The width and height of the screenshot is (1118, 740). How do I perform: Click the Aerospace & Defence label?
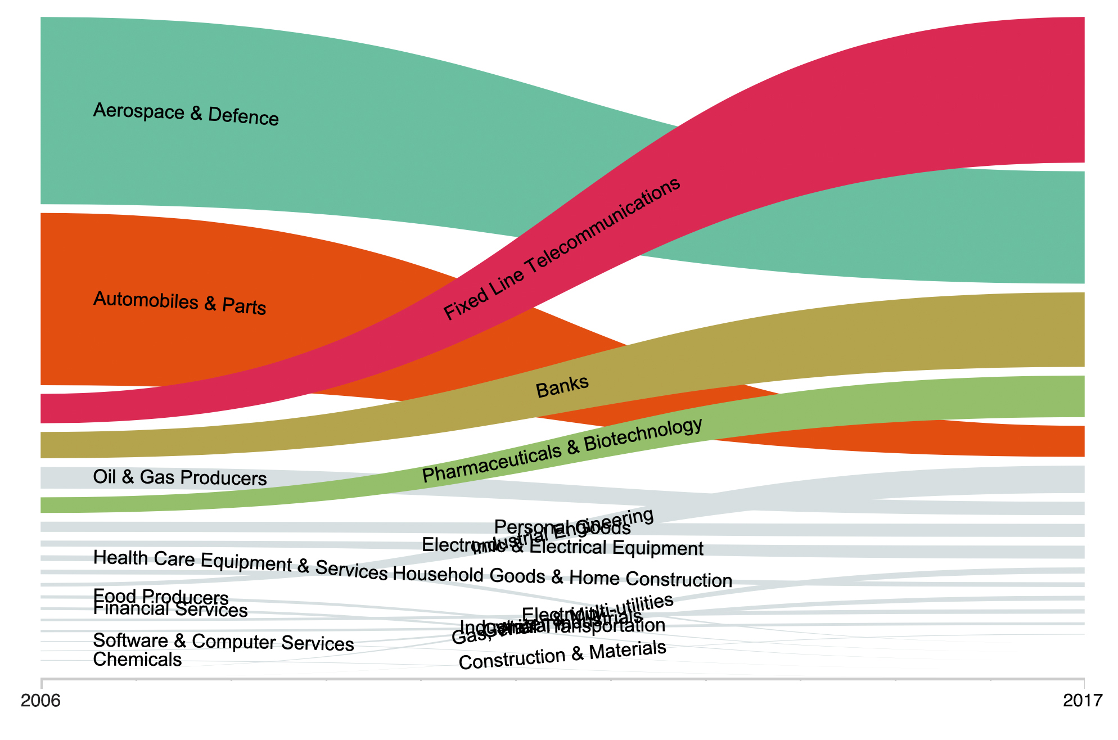pyautogui.click(x=186, y=114)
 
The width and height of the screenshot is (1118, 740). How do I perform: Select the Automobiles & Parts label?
pyautogui.click(x=179, y=303)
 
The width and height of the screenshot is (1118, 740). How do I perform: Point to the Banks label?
pyautogui.click(x=562, y=386)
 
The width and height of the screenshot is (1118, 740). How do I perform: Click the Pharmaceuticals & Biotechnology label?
pyautogui.click(x=562, y=450)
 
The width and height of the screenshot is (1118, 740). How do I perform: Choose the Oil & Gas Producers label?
pyautogui.click(x=179, y=477)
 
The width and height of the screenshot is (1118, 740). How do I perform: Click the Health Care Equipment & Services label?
pyautogui.click(x=240, y=564)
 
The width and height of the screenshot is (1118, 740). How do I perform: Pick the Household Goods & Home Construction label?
pyautogui.click(x=562, y=577)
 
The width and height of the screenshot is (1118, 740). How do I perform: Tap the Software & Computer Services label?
pyautogui.click(x=223, y=642)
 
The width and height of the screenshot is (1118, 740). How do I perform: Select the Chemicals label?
pyautogui.click(x=137, y=660)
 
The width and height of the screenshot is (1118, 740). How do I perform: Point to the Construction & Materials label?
pyautogui.click(x=562, y=655)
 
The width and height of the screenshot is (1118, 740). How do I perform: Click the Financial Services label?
pyautogui.click(x=170, y=610)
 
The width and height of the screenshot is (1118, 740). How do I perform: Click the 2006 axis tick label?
pyautogui.click(x=40, y=701)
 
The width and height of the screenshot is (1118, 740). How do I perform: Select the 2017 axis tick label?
pyautogui.click(x=1083, y=701)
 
